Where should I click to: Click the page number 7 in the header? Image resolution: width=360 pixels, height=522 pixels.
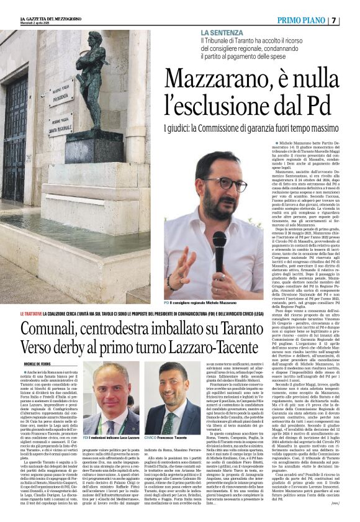(351, 20)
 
